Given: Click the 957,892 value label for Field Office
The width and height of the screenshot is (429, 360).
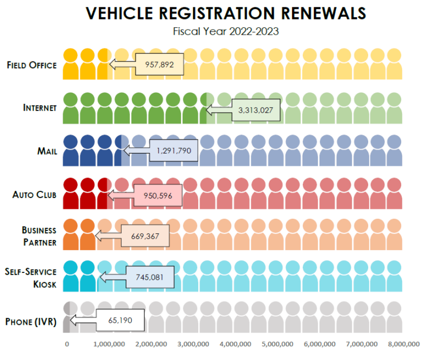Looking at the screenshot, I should tap(159, 65).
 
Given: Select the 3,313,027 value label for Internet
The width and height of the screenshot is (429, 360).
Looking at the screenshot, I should tap(256, 110).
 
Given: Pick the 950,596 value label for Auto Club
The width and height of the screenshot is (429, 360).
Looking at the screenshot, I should tap(158, 195).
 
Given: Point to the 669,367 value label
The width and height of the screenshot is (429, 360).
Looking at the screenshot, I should tap(145, 236).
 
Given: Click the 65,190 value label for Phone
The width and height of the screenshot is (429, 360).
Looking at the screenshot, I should tap(120, 320).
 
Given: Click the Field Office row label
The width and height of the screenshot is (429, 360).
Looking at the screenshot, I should tap(31, 65).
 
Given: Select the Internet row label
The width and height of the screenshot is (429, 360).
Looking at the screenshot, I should tap(40, 108).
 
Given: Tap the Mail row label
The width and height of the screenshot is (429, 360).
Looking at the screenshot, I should tap(46, 151).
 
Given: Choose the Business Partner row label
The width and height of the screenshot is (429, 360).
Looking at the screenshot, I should tap(39, 236).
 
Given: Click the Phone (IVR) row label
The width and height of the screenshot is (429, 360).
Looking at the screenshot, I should tap(31, 321).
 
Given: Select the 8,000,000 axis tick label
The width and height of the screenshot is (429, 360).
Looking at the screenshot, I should tap(404, 344).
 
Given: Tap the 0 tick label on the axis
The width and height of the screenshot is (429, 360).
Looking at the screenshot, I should tap(68, 344).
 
